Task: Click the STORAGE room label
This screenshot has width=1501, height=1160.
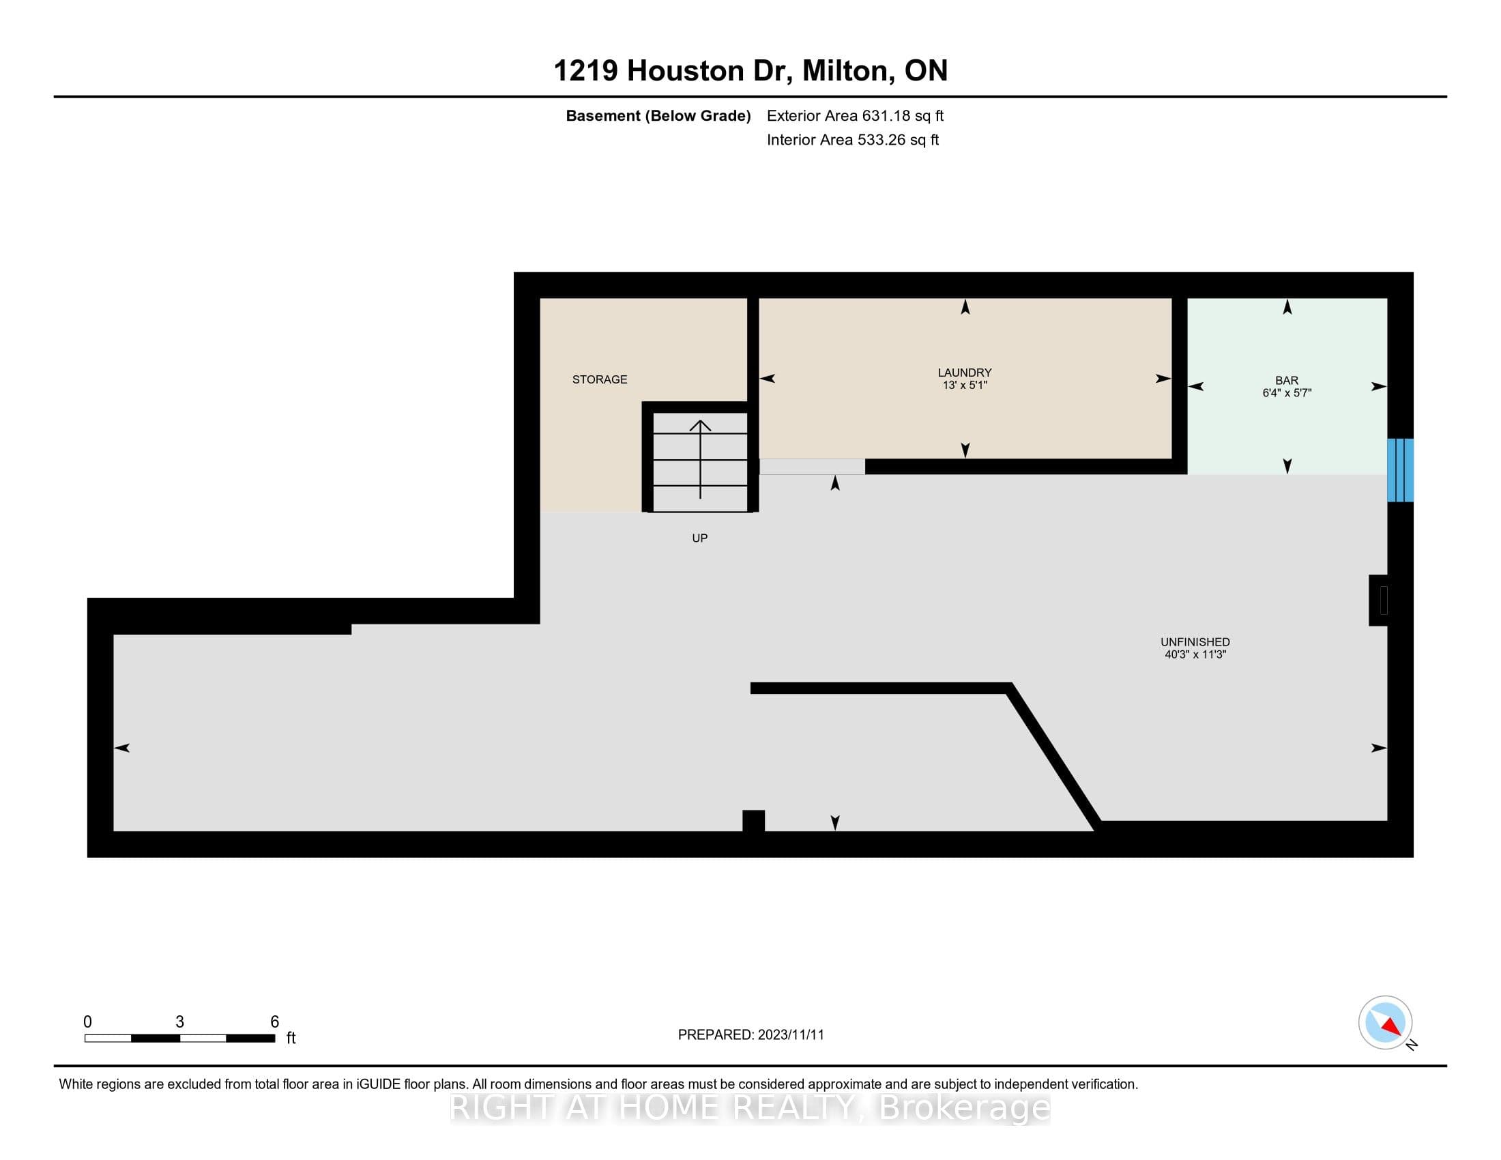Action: pos(599,379)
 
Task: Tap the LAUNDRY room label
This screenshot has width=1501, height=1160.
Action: pos(964,373)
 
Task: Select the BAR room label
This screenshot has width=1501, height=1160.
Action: pos(1287,380)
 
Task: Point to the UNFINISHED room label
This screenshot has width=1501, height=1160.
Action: pos(1195,642)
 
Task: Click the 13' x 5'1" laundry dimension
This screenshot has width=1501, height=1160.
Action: pos(964,385)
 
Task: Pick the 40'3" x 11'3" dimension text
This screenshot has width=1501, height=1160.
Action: pos(1195,654)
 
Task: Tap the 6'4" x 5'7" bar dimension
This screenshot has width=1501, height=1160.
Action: pos(1287,393)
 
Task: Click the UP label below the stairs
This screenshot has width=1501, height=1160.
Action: pos(699,538)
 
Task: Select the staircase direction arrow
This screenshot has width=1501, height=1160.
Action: pos(700,459)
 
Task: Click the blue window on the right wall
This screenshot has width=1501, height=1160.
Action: pos(1400,470)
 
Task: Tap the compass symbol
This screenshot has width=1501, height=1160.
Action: pos(1385,1023)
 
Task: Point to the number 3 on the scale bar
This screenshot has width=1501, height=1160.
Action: pos(179,1022)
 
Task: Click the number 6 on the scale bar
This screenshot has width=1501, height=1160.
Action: pos(274,1022)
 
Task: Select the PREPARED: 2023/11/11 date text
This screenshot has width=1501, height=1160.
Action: pos(750,1035)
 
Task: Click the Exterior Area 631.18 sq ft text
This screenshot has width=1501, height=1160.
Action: pos(855,115)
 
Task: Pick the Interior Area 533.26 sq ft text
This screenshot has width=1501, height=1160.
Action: pos(852,139)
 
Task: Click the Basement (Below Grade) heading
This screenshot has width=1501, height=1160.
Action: pos(658,115)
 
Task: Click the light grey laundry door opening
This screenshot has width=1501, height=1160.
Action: pos(812,467)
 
